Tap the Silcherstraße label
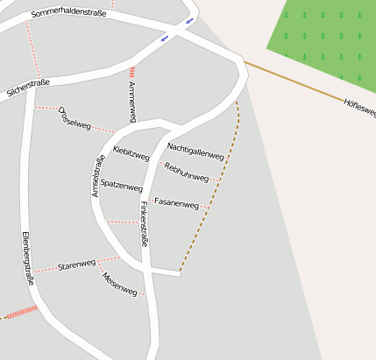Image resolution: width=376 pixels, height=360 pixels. tap(28, 88)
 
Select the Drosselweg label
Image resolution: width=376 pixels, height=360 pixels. tap(74, 118)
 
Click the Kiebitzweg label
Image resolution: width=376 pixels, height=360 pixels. tap(131, 153)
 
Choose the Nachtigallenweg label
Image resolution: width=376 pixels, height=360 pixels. tap(195, 151)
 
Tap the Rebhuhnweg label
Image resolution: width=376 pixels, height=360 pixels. tap(187, 172)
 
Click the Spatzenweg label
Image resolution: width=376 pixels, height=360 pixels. tap(121, 186)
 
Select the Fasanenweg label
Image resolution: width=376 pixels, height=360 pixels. tap(176, 202)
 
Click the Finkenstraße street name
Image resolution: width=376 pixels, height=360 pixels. tap(144, 223)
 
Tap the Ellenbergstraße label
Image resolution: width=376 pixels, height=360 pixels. tap(26, 259)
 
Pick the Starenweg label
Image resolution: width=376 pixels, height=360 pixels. tap(76, 264)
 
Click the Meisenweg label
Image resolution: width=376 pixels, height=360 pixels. tap(119, 284)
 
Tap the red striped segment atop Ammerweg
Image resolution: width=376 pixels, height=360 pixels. tap(131, 73)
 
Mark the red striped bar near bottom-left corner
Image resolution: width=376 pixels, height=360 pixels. tap(22, 311)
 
